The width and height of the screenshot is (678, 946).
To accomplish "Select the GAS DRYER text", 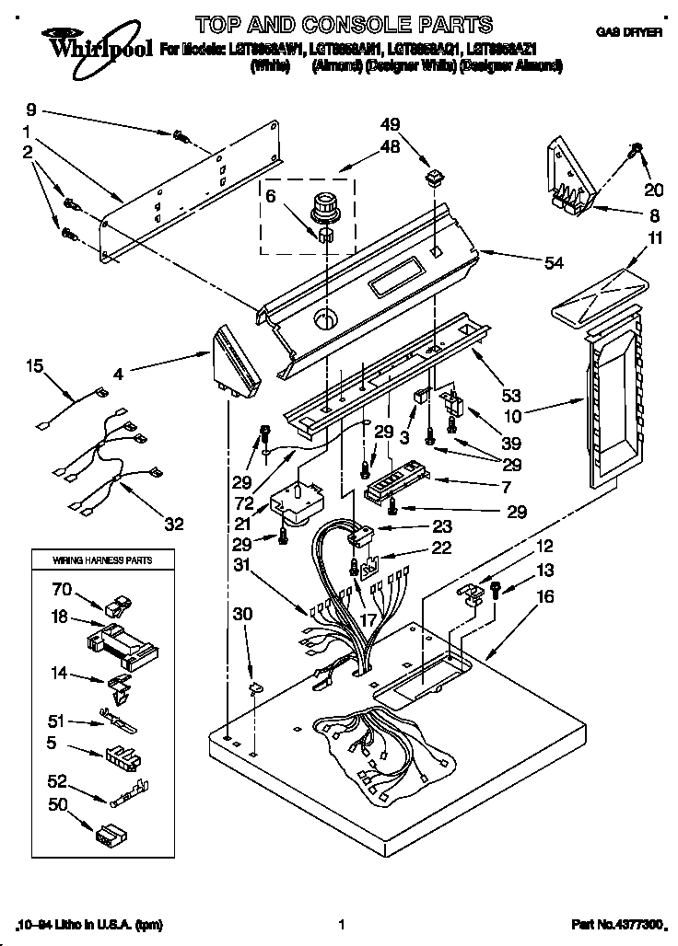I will [629, 31].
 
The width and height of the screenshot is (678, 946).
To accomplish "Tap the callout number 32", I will [173, 525].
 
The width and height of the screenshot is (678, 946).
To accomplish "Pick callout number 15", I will [34, 366].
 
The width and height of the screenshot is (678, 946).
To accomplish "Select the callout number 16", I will [545, 597].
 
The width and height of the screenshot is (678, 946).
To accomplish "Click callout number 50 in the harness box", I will [57, 805].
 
